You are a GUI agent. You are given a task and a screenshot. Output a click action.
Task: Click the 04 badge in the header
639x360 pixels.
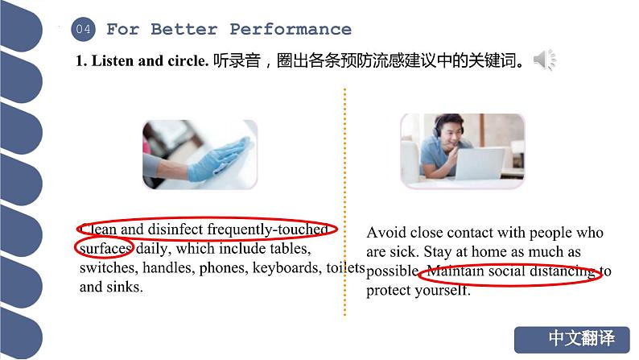coord(83,30)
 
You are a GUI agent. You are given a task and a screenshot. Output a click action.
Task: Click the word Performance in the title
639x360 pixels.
coord(291,30)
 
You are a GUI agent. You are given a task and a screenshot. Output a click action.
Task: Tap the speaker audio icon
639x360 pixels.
coord(545,60)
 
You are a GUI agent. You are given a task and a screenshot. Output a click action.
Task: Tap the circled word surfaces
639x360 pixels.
coord(105,248)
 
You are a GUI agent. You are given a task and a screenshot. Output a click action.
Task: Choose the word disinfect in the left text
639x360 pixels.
coord(175,230)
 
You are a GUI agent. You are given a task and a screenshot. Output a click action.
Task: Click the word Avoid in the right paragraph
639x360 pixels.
coord(385,233)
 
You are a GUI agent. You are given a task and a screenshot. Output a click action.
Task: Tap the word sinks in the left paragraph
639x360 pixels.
coord(124,287)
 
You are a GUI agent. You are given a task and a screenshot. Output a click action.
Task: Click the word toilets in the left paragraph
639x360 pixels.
coord(345,267)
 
